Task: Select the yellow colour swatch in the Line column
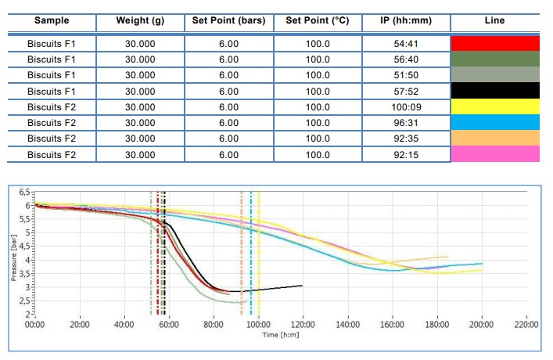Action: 495,107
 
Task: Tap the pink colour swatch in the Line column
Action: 495,154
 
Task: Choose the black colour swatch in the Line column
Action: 495,92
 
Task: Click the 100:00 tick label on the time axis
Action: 258,324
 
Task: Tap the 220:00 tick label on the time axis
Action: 526,324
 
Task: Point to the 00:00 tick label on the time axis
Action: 34,324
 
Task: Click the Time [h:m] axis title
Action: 280,334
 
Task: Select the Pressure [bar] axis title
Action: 13,255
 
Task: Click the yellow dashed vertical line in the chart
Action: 259,258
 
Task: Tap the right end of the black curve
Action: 302,286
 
